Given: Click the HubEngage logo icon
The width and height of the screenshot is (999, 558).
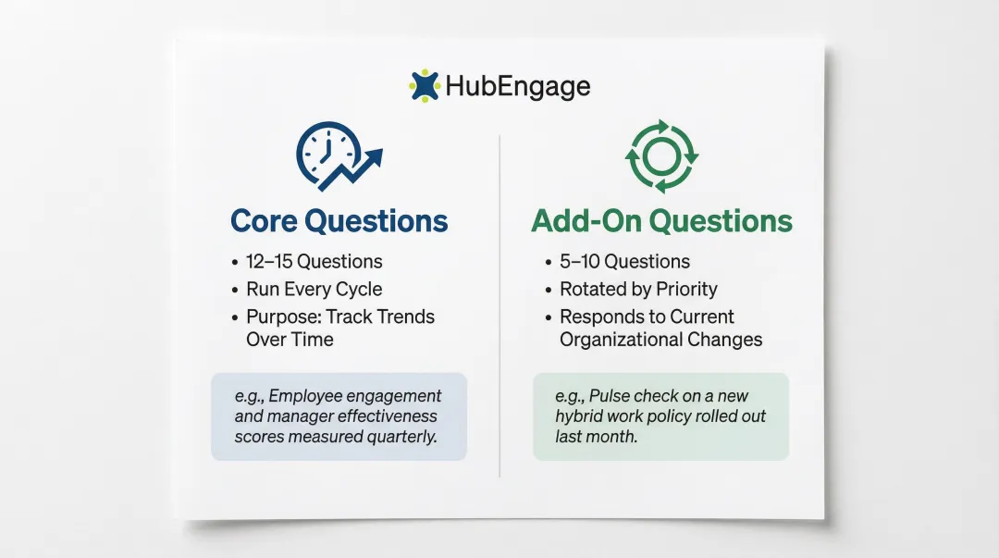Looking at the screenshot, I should coord(425,86).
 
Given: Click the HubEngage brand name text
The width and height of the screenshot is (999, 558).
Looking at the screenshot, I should coord(517,87).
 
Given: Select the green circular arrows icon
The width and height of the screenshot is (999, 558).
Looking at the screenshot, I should coord(661,155).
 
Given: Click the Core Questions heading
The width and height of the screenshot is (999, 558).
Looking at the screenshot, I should coord(339,221).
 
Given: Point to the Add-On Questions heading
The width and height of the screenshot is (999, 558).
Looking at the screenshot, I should coord(661,221).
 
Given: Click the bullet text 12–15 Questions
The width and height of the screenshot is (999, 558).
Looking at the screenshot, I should coord(314,262).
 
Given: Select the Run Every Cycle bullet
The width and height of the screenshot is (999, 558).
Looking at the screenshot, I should coord(314,289).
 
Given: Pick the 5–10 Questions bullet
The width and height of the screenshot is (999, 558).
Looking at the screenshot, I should coord(624,262).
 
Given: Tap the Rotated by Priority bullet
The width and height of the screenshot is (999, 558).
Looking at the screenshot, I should coord(638,289).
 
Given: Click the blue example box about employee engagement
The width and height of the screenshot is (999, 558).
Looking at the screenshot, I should coord(339,415).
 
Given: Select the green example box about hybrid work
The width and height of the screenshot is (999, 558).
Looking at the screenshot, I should coord(660,415).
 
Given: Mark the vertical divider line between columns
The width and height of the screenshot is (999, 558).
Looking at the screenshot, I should coord(499,305).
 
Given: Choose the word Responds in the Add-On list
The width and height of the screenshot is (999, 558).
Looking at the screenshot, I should coord(601,316).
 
